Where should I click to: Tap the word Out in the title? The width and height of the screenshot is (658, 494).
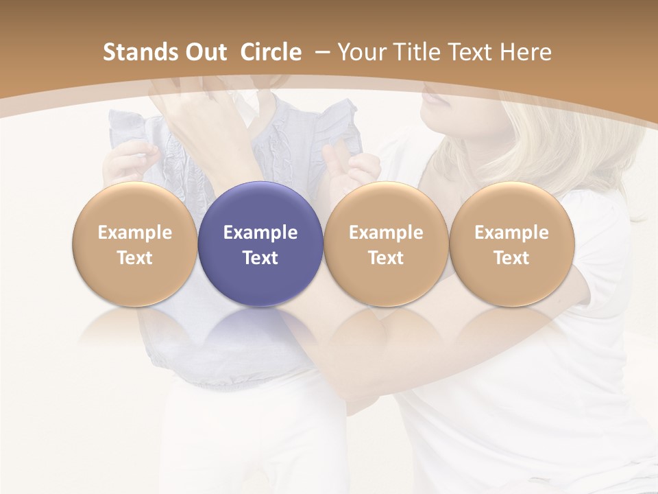(x=202, y=52)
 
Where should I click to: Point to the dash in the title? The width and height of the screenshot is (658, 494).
(x=320, y=53)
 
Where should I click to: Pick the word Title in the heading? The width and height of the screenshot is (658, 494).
(x=419, y=52)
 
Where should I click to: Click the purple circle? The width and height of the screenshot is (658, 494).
(x=260, y=244)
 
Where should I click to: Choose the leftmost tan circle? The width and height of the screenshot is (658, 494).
(x=134, y=244)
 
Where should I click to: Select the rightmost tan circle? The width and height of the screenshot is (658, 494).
(x=511, y=244)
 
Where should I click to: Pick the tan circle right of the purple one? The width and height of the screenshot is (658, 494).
(x=386, y=244)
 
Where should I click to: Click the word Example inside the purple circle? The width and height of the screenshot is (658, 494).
(x=260, y=233)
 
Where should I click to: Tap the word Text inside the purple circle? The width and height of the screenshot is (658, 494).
(x=260, y=258)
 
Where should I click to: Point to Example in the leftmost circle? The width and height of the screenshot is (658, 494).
(x=134, y=233)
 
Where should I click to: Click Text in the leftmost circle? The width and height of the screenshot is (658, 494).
(x=134, y=258)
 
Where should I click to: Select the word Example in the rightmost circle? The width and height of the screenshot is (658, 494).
(x=511, y=233)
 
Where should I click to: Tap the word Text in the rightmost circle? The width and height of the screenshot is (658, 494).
(x=511, y=258)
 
